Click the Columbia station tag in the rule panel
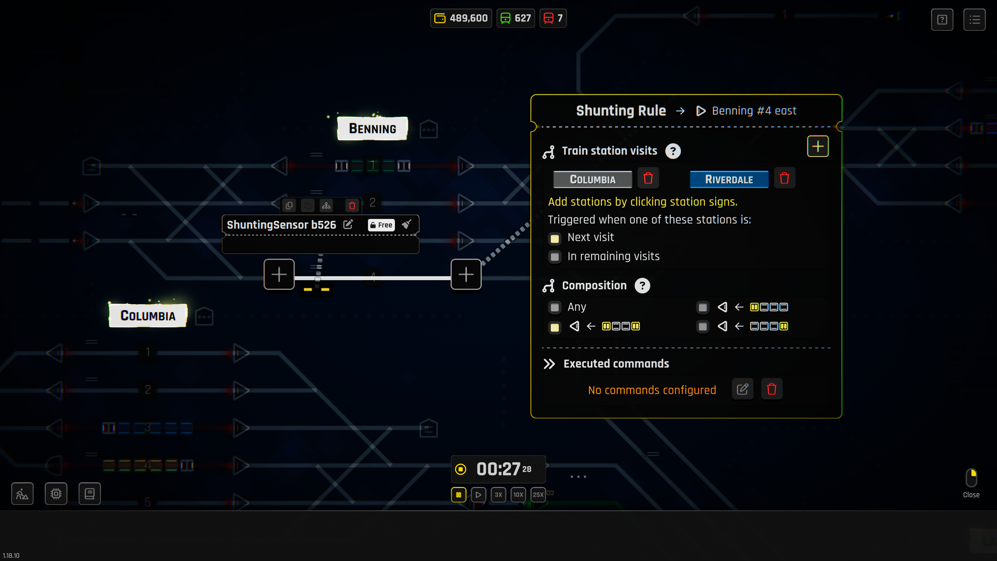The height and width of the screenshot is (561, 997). coord(592,179)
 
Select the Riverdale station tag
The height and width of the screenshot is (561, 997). coord(729,179)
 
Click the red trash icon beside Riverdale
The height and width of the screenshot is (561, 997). coord(784,178)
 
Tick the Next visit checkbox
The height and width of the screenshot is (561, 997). coord(555,238)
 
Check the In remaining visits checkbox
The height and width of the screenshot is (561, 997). coord(555,257)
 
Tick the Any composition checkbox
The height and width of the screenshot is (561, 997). coord(555,308)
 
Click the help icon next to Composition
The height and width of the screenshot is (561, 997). coord(642,286)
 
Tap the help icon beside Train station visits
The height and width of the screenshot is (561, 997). coord(673,151)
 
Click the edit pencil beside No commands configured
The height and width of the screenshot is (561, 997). coord(742,389)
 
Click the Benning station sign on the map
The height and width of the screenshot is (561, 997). coord(372,129)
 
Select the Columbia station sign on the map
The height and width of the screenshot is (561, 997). coord(148,316)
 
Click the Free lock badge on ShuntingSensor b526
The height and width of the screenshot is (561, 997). coord(381,225)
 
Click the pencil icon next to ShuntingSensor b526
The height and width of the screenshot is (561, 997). coord(348,225)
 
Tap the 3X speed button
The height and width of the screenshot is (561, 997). coord(498,495)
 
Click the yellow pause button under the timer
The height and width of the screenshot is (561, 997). coord(458,495)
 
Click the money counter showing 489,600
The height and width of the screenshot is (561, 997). coord(461,18)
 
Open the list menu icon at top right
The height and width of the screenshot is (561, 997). coord(974,19)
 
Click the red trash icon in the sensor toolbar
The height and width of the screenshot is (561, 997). coord(352,206)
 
